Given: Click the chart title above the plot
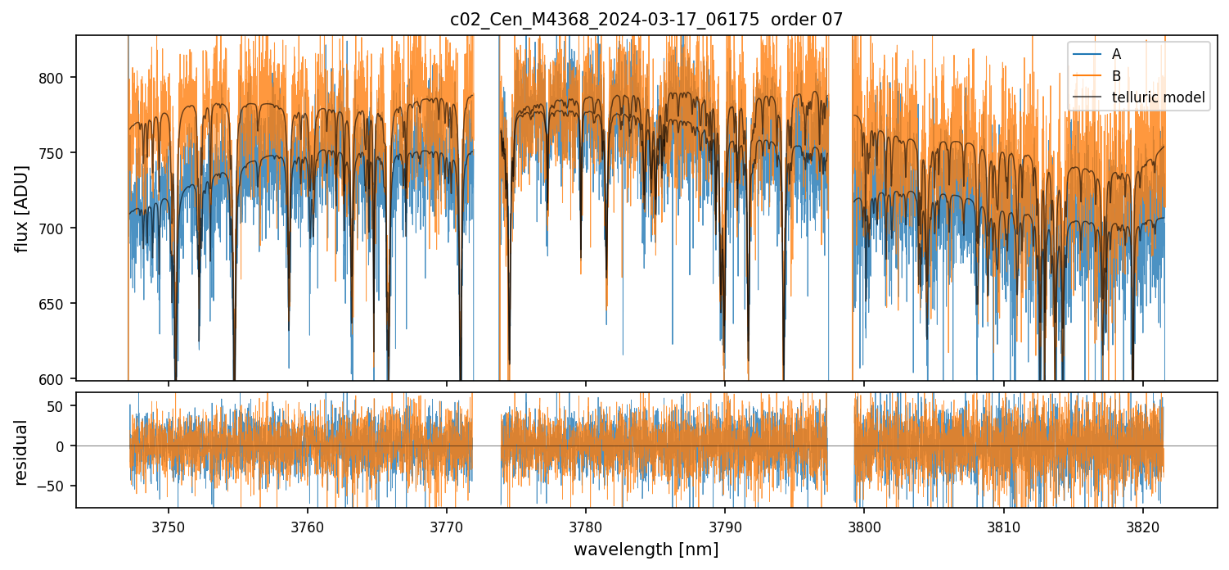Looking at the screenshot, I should pyautogui.click(x=646, y=20).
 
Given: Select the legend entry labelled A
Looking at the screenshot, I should pyautogui.click(x=1116, y=54).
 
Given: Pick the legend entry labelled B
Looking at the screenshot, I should pyautogui.click(x=1116, y=76).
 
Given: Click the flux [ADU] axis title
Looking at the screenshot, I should pyautogui.click(x=22, y=208).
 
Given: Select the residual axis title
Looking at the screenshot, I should pyautogui.click(x=22, y=452).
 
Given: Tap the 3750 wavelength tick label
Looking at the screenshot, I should pyautogui.click(x=169, y=526).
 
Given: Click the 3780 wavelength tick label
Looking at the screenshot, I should pyautogui.click(x=586, y=526).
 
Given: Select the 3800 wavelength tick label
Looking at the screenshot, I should pyautogui.click(x=864, y=526).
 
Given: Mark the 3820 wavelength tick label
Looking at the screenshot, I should pyautogui.click(x=1142, y=526).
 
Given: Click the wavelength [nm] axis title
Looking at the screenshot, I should pyautogui.click(x=646, y=550).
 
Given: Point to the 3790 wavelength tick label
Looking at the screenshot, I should pyautogui.click(x=725, y=526).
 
